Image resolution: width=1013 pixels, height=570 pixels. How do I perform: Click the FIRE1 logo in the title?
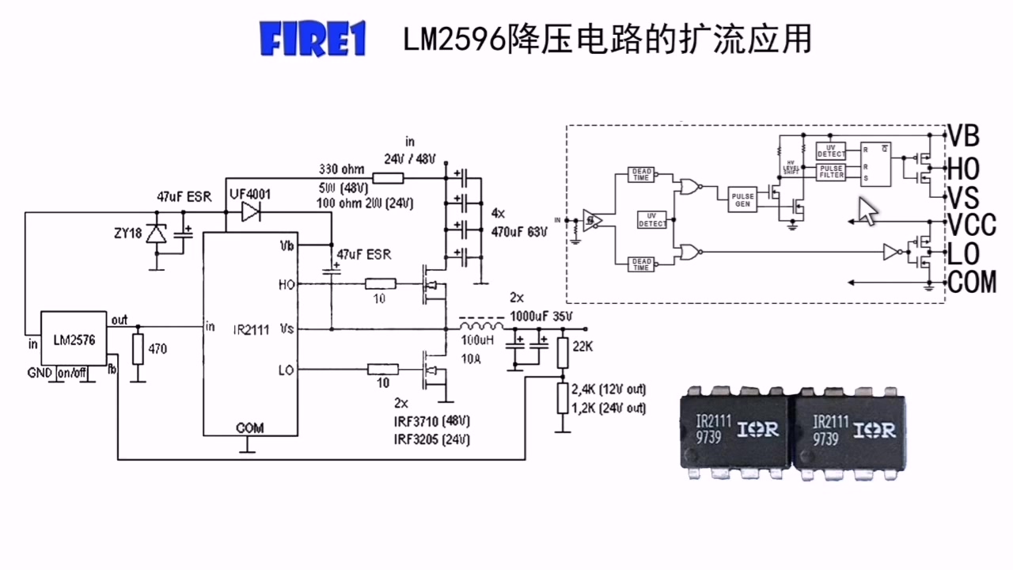pyautogui.click(x=313, y=40)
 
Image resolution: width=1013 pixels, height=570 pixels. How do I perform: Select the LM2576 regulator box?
pyautogui.click(x=73, y=339)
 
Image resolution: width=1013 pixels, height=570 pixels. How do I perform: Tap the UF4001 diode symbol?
pyautogui.click(x=251, y=211)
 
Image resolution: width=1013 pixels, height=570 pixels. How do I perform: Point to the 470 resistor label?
pyautogui.click(x=158, y=348)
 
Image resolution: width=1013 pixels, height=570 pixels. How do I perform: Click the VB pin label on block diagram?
pyautogui.click(x=964, y=136)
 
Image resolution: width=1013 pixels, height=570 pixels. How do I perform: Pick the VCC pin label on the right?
pyautogui.click(x=972, y=225)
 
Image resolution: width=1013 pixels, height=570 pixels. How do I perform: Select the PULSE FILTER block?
pyautogui.click(x=831, y=172)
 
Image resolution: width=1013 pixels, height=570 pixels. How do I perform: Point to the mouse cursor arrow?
pyautogui.click(x=868, y=211)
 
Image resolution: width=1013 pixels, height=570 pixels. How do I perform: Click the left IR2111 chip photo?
pyautogui.click(x=734, y=431)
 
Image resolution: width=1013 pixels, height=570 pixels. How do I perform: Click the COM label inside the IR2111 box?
pyautogui.click(x=250, y=427)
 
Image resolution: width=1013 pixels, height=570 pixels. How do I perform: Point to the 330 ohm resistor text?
pyautogui.click(x=341, y=169)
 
